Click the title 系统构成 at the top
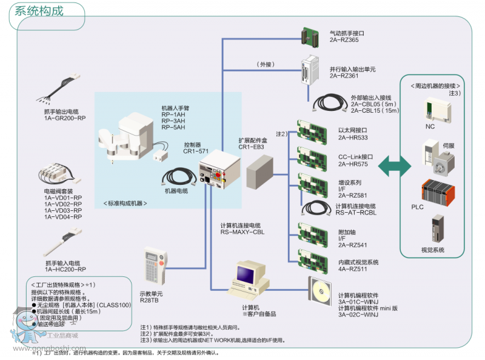coord(38,10)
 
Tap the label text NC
coord(430,127)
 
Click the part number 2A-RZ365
coord(344,40)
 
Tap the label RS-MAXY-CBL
coord(242,232)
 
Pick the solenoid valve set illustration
coord(61,175)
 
